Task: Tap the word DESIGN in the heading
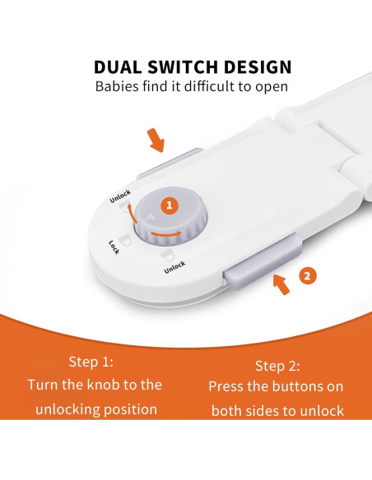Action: pos(258,67)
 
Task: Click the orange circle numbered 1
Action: pos(170,205)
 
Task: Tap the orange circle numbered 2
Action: pos(307,276)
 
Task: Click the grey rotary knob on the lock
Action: pos(170,217)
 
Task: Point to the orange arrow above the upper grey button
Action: pos(156,141)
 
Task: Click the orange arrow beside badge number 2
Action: pos(281,284)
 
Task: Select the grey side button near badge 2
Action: pos(263,258)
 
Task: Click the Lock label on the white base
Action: pos(114,247)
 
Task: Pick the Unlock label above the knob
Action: pos(120,196)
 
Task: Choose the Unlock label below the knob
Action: pos(174,267)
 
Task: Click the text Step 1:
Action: pos(91,362)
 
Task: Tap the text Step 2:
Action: pos(277,366)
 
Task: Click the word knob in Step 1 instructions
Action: pos(103,385)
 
